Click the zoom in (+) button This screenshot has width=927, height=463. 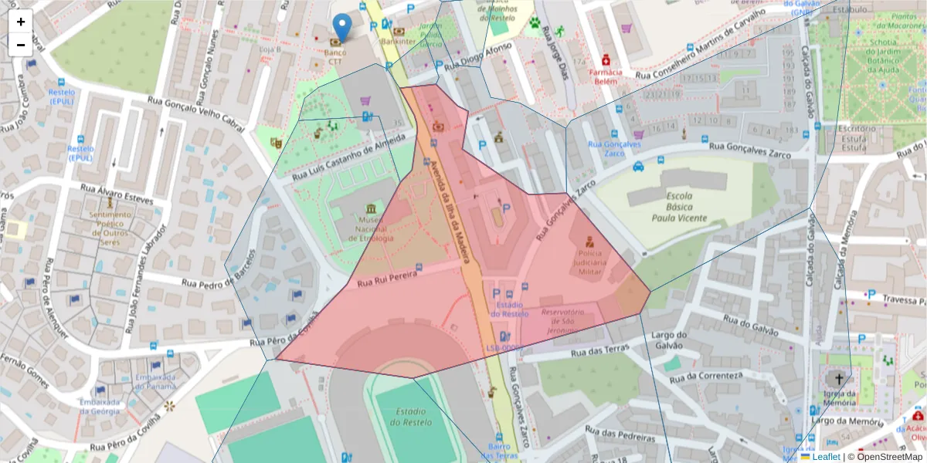[21, 22]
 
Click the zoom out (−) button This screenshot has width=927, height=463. [21, 45]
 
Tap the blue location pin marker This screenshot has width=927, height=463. [341, 25]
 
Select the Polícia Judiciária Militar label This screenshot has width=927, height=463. [589, 262]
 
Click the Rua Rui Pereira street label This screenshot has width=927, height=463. [387, 279]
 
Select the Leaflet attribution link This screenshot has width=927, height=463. [827, 457]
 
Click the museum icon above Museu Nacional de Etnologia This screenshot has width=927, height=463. [372, 210]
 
